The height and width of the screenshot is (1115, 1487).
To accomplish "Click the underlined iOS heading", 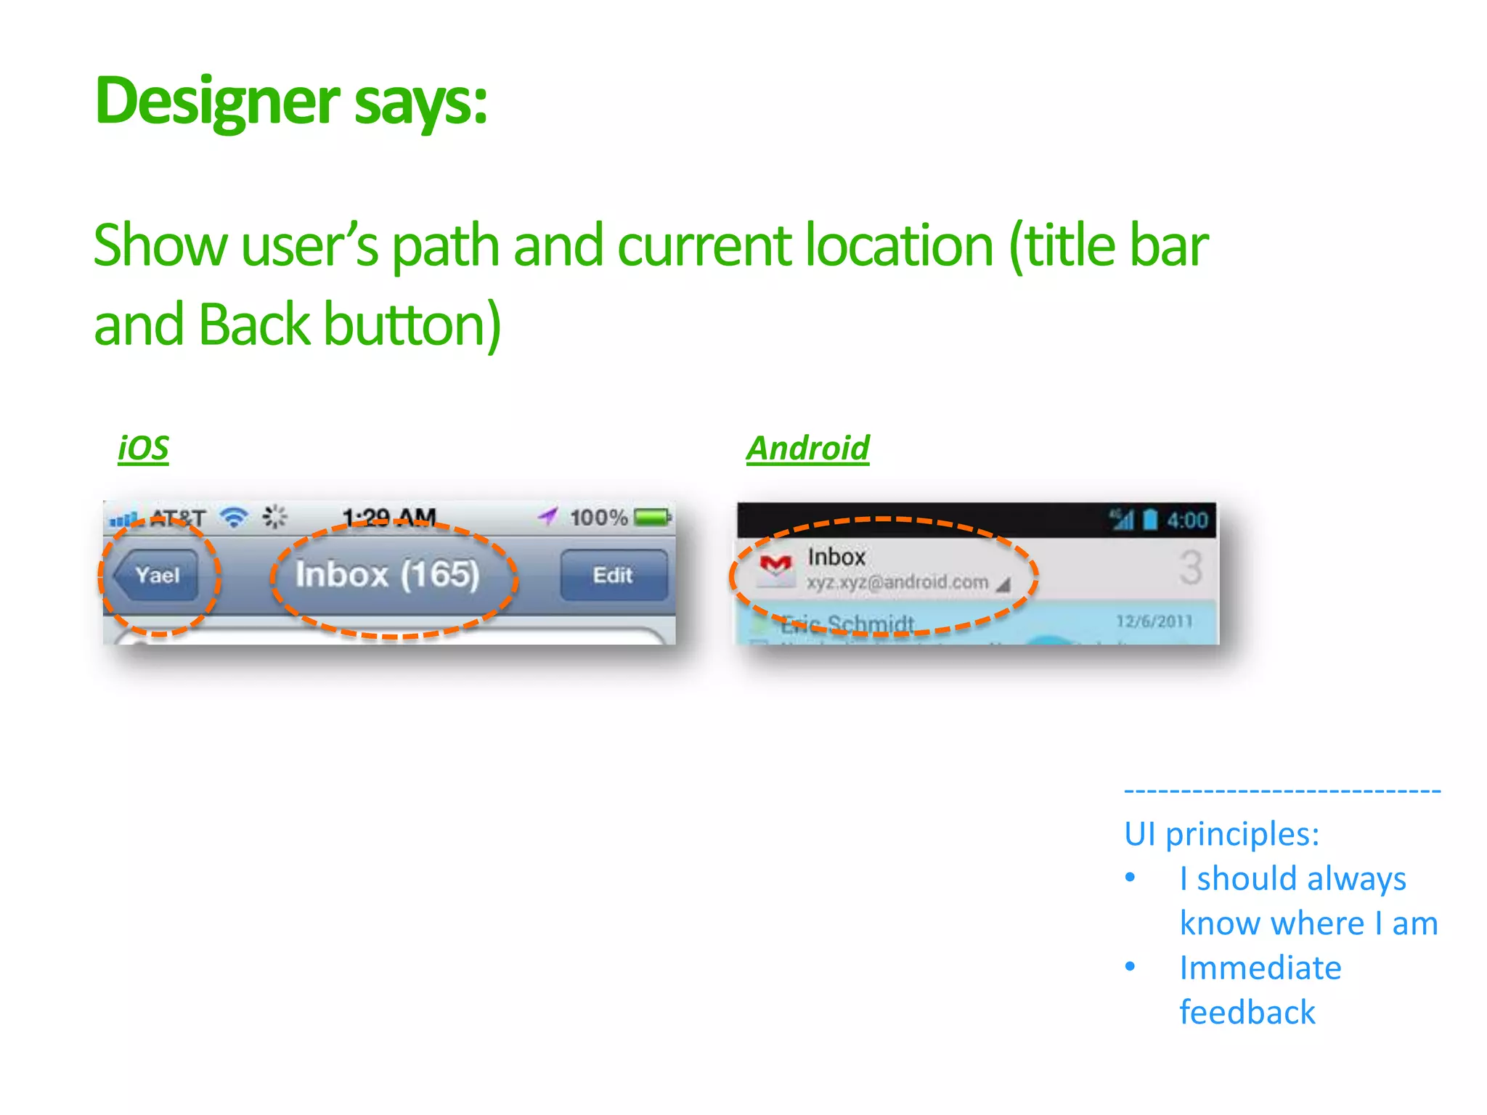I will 143,448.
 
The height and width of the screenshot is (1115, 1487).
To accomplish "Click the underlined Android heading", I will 807,448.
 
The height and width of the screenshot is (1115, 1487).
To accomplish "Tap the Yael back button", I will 156,575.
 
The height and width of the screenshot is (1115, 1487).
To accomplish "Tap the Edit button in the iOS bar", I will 614,575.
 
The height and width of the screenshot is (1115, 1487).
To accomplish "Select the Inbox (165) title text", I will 387,574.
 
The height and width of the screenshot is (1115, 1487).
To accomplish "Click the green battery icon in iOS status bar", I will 652,517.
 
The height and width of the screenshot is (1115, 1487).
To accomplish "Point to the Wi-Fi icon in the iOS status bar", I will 234,517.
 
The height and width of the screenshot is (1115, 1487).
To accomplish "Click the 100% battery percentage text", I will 598,518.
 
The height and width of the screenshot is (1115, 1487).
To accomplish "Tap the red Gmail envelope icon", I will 775,565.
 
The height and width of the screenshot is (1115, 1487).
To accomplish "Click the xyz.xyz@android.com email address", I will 897,582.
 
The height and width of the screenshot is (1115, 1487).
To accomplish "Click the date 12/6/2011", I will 1154,621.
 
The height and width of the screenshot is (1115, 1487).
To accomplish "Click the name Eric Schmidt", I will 847,624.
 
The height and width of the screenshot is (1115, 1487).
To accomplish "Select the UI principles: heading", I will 1221,833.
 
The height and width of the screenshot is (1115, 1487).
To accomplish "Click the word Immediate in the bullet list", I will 1260,968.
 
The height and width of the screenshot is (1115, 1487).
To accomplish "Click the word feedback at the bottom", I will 1247,1012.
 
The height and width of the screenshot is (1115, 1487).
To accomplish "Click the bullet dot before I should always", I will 1130,878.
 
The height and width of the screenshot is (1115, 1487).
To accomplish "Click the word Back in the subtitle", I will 254,324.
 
